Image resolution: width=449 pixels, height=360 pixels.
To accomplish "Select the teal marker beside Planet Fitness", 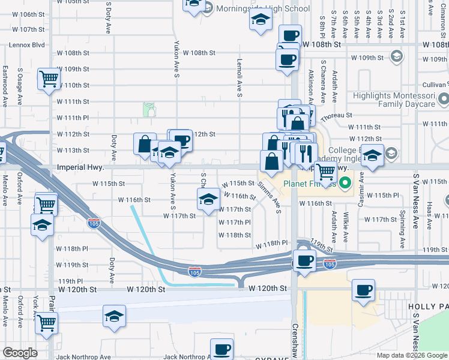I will coord(345,183).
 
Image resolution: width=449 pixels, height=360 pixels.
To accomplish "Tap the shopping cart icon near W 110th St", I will coord(49,78).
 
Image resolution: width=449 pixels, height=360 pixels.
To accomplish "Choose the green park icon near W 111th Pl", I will coord(149,109).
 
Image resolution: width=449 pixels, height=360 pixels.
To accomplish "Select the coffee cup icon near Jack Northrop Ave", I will coord(221,349).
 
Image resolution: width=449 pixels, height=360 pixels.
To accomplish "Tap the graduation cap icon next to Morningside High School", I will coord(261,20).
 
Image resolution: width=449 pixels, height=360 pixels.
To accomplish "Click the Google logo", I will coord(20,353).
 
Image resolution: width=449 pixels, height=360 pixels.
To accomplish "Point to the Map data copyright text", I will coord(412,355).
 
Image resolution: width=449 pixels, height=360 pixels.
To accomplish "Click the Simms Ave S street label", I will coord(270,197).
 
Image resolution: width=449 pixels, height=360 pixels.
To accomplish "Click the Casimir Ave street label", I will coord(361,190).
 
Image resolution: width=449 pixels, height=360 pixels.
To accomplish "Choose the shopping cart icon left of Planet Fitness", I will coord(325,172).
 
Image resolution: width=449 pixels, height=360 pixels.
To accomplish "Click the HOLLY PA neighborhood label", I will coord(428,306).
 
